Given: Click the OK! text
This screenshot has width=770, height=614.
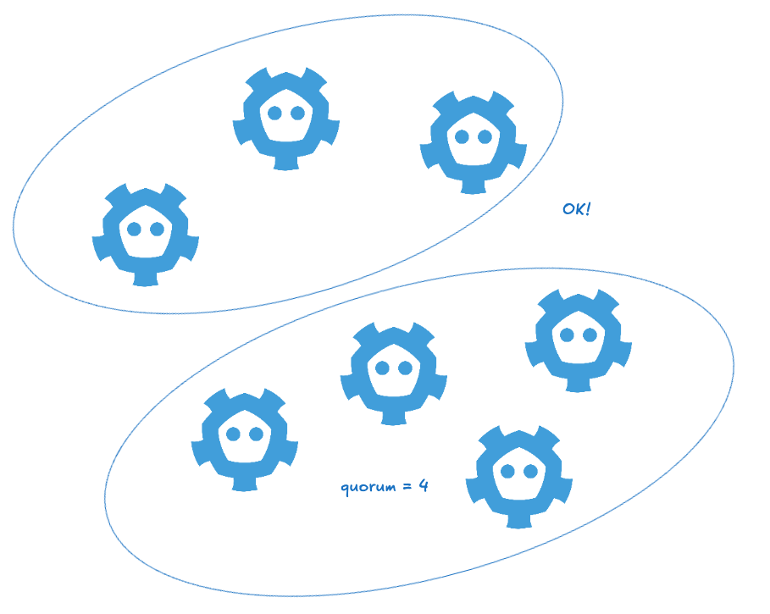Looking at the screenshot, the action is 576,208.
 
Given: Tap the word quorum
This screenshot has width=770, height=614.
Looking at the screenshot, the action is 366,488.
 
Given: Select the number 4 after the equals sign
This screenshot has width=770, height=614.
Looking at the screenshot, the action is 423,486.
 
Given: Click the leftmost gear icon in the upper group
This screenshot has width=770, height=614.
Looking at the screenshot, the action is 145,233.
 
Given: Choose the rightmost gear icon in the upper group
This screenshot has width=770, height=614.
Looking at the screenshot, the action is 474,141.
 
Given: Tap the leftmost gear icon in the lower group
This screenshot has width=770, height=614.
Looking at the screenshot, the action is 244,438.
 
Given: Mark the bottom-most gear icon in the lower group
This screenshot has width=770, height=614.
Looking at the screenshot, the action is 519,475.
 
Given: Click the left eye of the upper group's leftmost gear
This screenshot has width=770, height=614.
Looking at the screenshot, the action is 134,229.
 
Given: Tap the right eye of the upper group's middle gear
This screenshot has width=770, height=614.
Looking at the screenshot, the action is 297,113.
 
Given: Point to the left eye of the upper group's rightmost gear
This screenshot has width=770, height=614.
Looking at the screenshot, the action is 462,136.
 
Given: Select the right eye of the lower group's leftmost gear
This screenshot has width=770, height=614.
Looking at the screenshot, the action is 255,434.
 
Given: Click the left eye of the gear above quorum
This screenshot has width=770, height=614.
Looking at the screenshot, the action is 382,368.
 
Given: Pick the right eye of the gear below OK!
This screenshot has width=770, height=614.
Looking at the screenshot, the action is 589,335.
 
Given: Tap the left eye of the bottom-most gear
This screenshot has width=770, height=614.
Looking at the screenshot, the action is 508,472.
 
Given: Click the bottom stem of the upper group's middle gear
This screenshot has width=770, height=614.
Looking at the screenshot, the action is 286,162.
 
